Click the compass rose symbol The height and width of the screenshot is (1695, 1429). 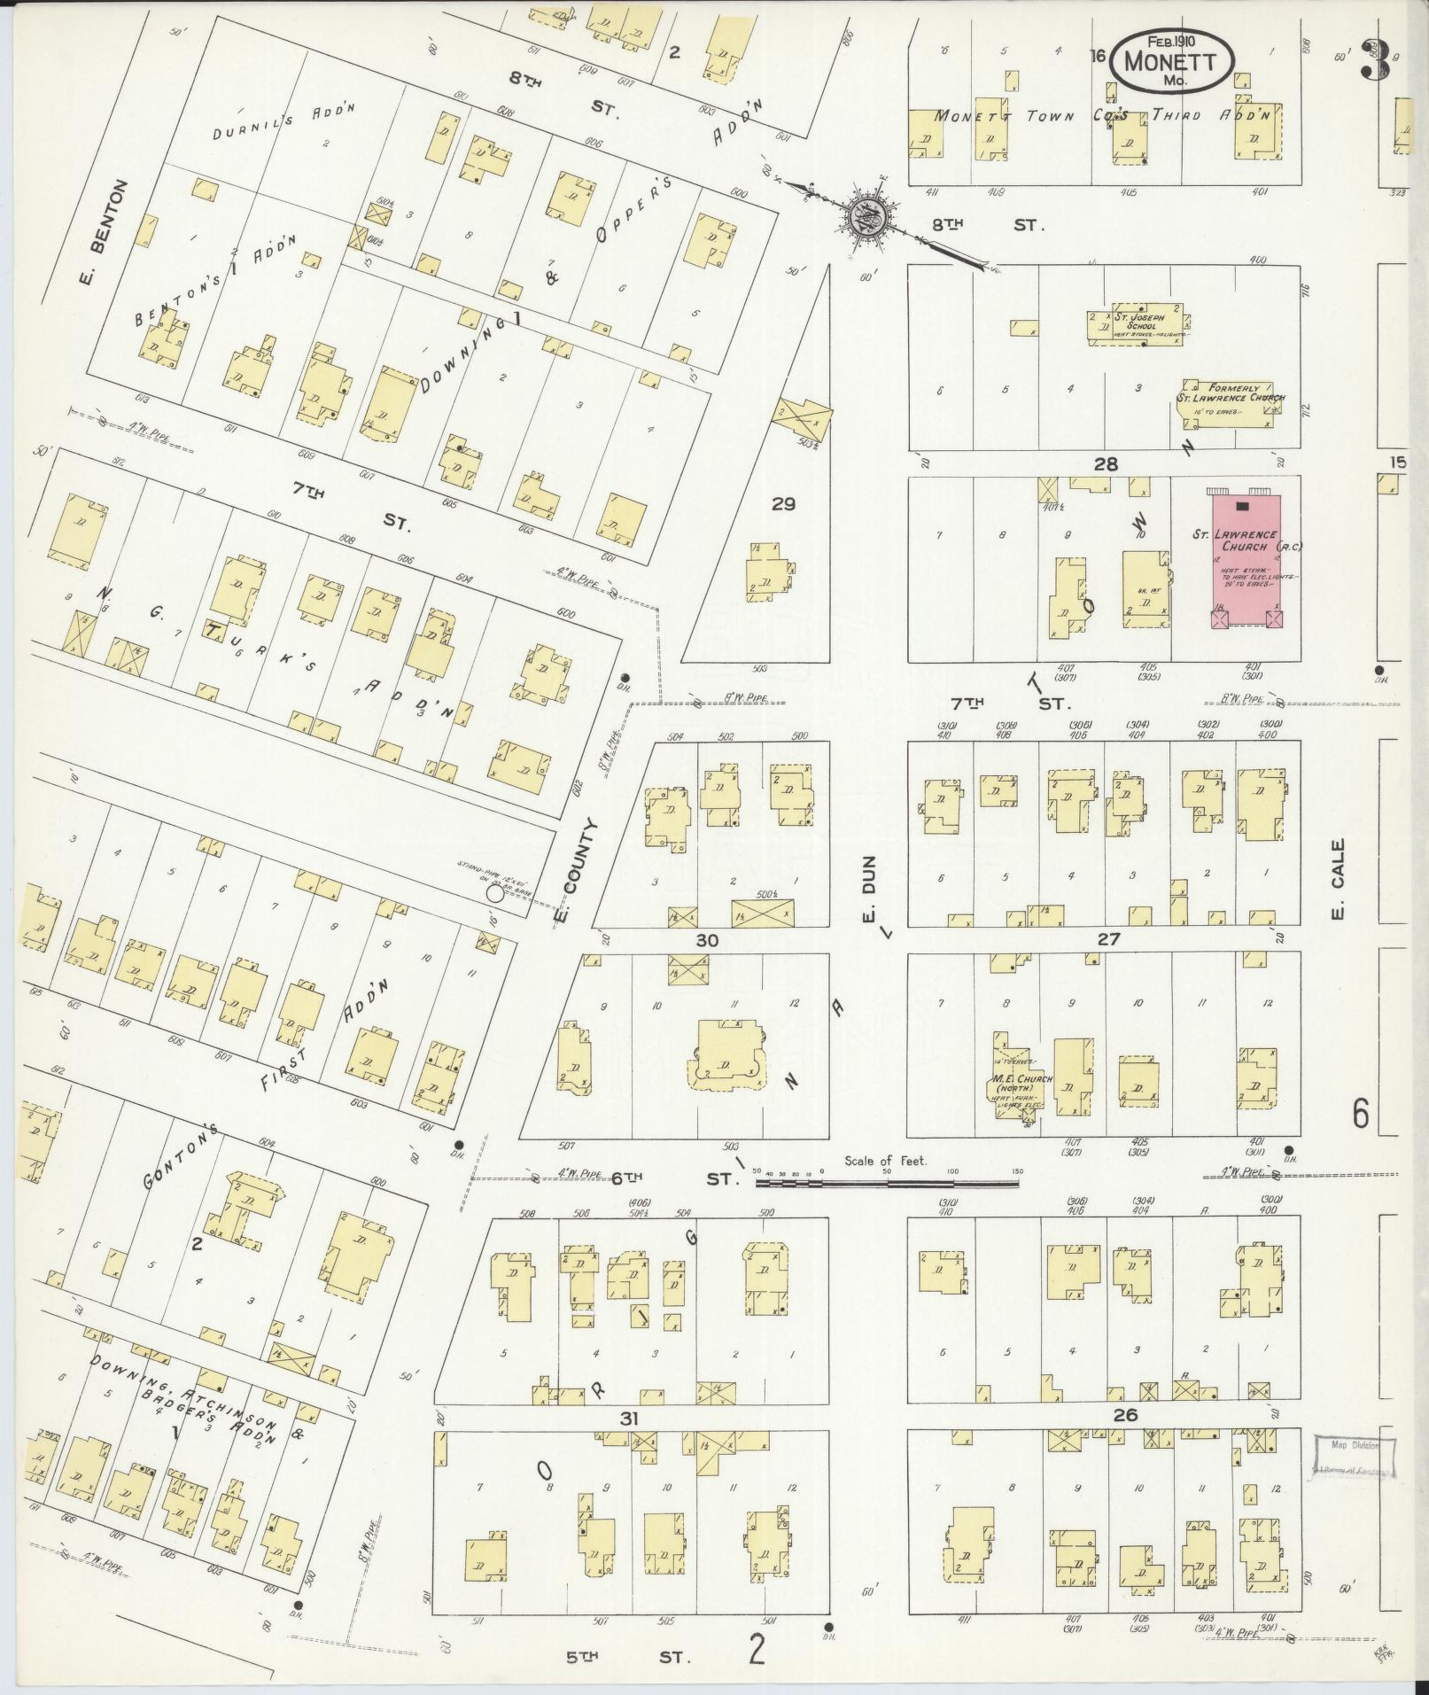pyautogui.click(x=861, y=214)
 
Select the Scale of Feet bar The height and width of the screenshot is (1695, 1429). pyautogui.click(x=886, y=1182)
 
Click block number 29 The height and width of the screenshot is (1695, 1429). pyautogui.click(x=783, y=503)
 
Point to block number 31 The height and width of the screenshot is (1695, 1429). pyautogui.click(x=629, y=1419)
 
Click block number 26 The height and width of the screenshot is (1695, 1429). pyautogui.click(x=1125, y=1416)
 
